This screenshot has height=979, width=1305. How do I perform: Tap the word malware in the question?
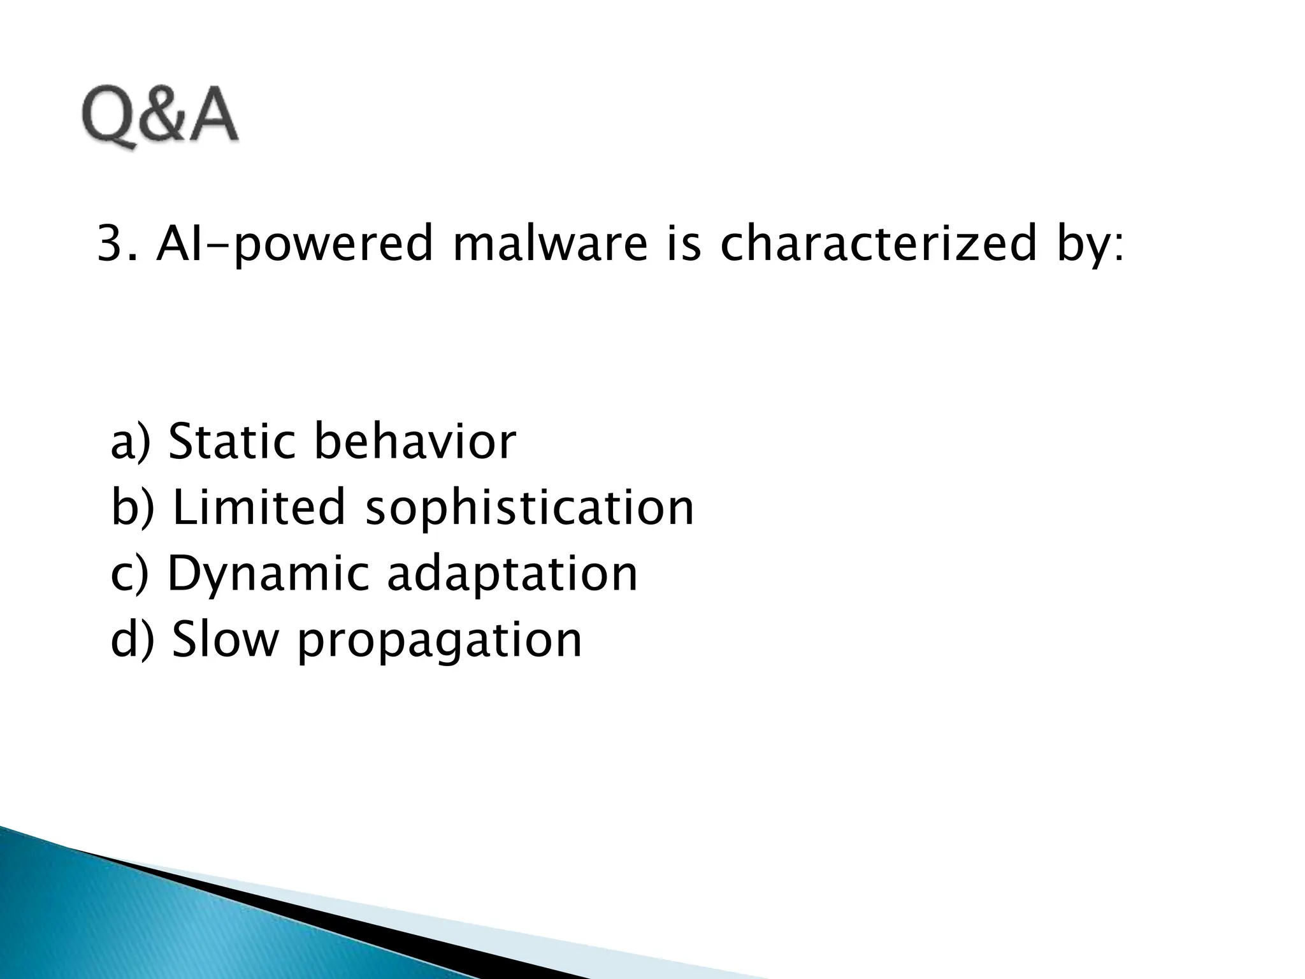pyautogui.click(x=549, y=245)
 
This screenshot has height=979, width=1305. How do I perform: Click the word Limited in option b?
pyautogui.click(x=258, y=507)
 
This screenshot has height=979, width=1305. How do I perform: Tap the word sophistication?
pyautogui.click(x=529, y=509)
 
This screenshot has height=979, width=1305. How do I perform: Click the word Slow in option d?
pyautogui.click(x=225, y=640)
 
